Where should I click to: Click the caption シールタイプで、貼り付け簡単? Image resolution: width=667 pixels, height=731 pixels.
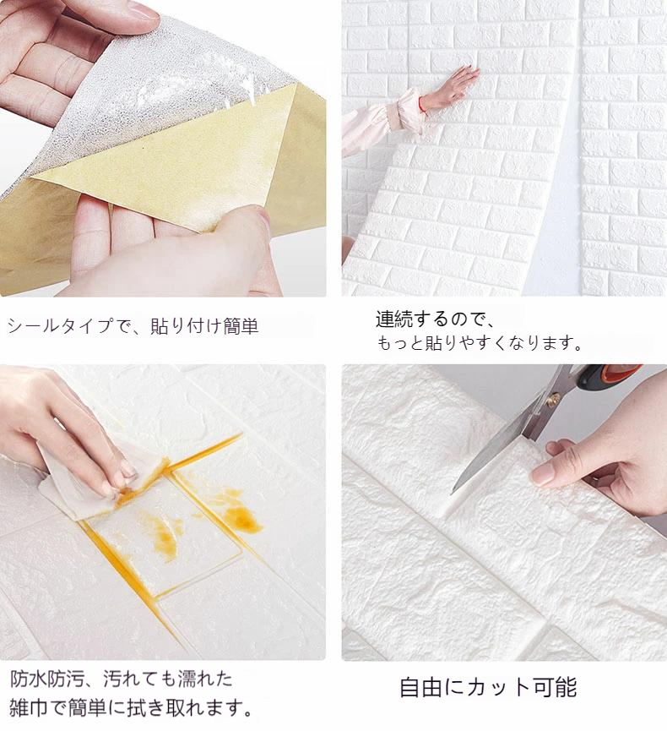click(x=133, y=325)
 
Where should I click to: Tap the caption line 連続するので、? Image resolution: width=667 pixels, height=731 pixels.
click(x=436, y=319)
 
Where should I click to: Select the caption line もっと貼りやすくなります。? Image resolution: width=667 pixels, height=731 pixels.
click(x=480, y=343)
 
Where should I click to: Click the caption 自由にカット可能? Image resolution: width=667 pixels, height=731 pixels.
click(x=488, y=688)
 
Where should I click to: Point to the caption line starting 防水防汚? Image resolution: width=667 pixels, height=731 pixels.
click(x=121, y=679)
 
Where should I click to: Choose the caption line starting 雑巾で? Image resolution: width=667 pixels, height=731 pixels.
click(x=132, y=709)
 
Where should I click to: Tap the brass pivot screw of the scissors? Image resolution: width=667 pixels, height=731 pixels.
click(x=553, y=398)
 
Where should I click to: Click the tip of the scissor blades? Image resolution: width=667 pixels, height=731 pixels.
click(x=452, y=494)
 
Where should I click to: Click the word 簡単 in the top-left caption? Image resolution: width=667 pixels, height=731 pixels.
click(x=241, y=325)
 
